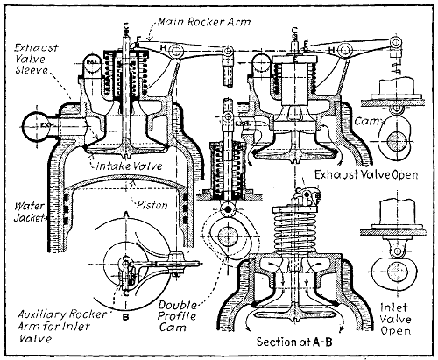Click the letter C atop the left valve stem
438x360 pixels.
coord(128,24)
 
